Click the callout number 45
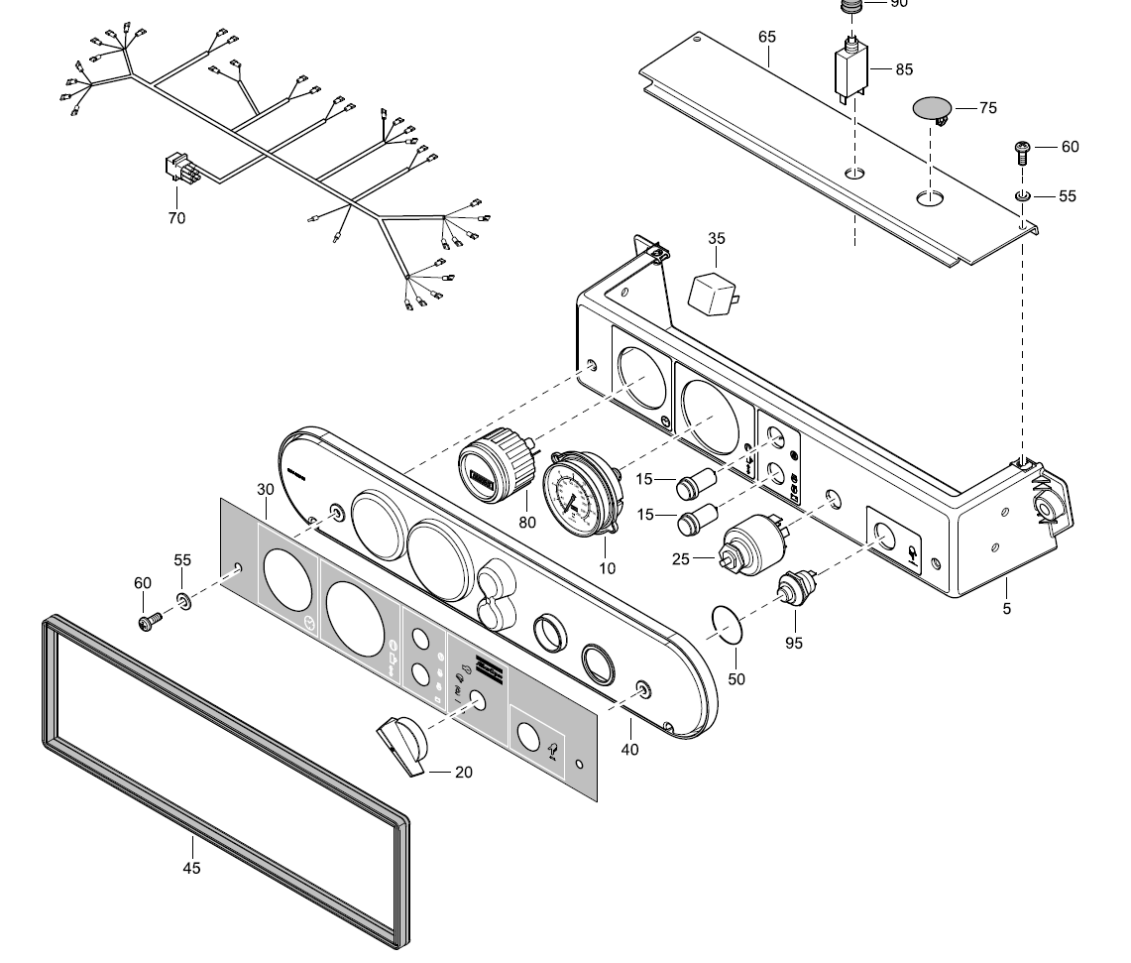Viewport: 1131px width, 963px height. coord(191,868)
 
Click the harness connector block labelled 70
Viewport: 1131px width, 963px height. coord(179,171)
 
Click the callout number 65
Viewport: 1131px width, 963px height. coord(767,37)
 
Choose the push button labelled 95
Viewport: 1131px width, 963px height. coord(795,591)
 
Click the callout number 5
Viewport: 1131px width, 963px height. coord(1007,609)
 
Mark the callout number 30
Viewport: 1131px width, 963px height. coord(266,489)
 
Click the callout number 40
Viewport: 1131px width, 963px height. coord(630,750)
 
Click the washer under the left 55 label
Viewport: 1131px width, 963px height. coord(183,600)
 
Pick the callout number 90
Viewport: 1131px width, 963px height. coord(899,4)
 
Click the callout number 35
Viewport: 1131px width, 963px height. coord(717,238)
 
